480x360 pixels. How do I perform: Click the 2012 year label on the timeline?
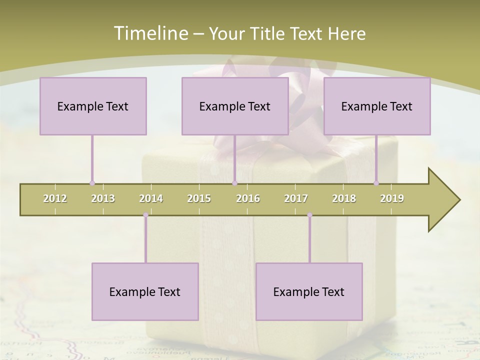click(55, 198)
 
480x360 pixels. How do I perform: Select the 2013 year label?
click(103, 198)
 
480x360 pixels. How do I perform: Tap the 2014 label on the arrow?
click(151, 198)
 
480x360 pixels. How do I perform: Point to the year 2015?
click(199, 198)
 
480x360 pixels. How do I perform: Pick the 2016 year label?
click(248, 198)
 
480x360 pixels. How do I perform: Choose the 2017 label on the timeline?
click(296, 198)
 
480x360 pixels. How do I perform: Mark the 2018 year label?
click(344, 198)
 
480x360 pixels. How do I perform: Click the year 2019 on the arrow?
click(392, 198)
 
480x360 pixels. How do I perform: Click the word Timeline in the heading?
click(150, 33)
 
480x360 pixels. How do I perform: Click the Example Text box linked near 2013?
click(93, 106)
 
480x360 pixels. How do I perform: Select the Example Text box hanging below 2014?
click(145, 291)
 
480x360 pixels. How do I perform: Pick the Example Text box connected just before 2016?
click(235, 106)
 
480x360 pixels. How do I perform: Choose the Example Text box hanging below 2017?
click(309, 291)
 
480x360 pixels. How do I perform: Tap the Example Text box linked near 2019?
click(377, 106)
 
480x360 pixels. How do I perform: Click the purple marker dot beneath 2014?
click(145, 215)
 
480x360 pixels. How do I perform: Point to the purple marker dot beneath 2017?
click(309, 215)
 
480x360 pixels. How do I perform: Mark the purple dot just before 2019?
click(376, 183)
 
